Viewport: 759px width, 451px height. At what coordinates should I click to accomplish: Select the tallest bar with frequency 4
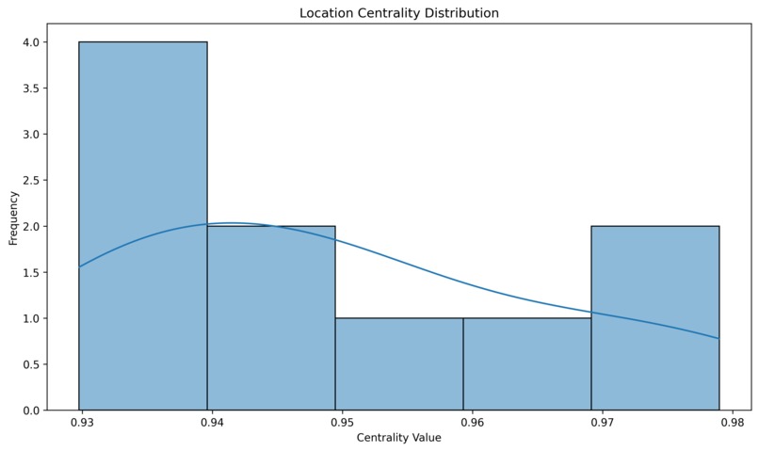click(x=143, y=226)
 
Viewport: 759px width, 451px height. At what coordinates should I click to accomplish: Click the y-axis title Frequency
click(x=13, y=217)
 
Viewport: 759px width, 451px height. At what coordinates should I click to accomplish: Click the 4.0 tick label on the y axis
click(x=30, y=42)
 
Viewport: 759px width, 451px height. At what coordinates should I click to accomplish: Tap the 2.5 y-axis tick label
click(x=30, y=181)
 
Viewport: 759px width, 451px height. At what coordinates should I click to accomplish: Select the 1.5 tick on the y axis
click(x=30, y=273)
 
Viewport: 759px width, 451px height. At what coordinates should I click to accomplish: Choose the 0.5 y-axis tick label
click(x=30, y=365)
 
